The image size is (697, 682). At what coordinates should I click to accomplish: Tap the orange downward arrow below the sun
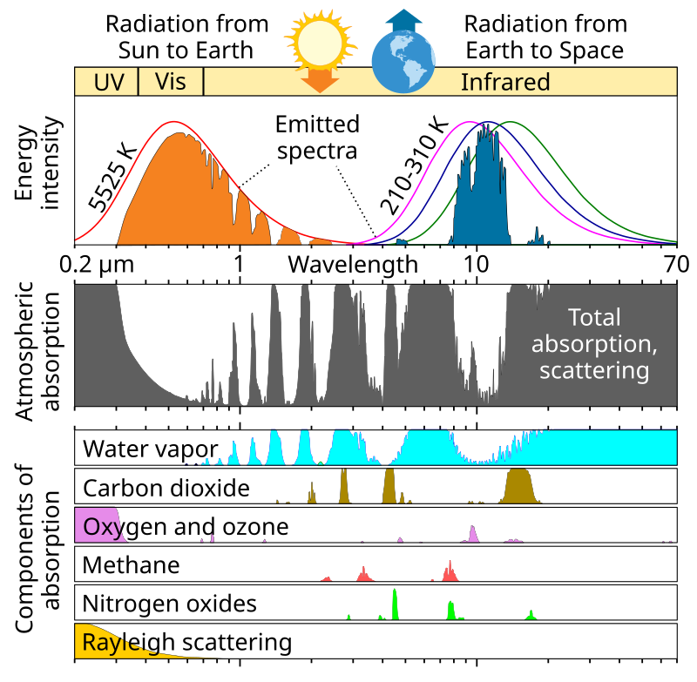pyautogui.click(x=321, y=80)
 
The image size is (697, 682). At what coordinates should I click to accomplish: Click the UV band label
pyautogui.click(x=105, y=83)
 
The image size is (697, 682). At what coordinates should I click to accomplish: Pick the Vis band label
pyautogui.click(x=171, y=82)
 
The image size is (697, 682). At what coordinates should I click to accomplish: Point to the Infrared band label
pyautogui.click(x=505, y=83)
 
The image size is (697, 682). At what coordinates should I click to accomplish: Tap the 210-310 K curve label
pyautogui.click(x=407, y=165)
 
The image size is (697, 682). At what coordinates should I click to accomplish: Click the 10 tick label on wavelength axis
pyautogui.click(x=477, y=263)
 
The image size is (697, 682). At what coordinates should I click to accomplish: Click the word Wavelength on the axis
pyautogui.click(x=353, y=263)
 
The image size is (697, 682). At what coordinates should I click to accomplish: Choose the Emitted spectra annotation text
pyautogui.click(x=317, y=136)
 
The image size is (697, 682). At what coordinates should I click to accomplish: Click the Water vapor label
pyautogui.click(x=150, y=449)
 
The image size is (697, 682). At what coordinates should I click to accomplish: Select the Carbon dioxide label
pyautogui.click(x=166, y=487)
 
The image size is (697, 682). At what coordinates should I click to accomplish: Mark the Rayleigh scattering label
pyautogui.click(x=186, y=643)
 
